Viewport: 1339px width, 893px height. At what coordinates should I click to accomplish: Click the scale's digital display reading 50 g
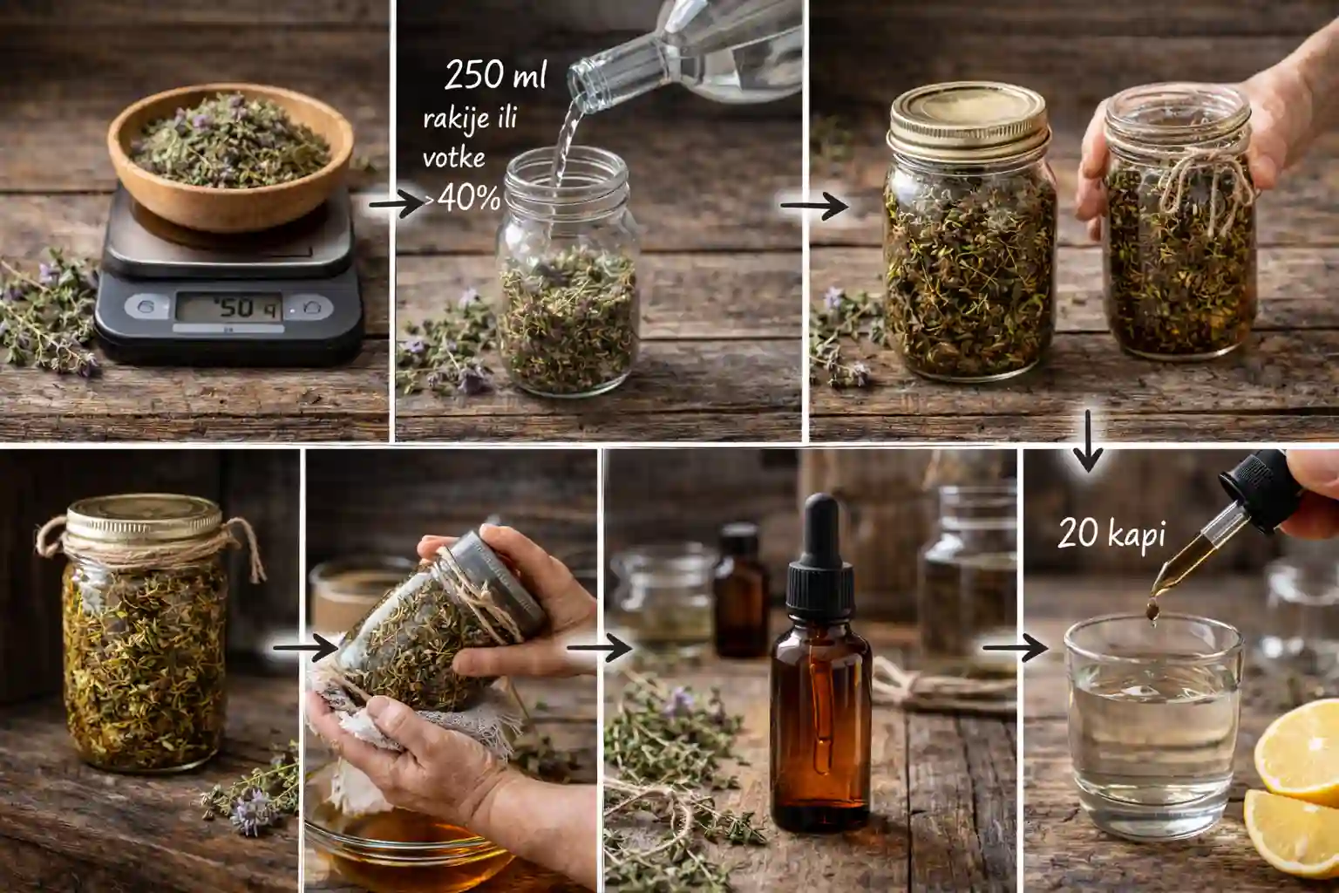pos(228,308)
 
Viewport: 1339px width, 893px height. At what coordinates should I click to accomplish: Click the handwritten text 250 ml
pos(495,74)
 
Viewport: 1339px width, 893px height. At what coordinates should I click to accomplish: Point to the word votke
pos(453,157)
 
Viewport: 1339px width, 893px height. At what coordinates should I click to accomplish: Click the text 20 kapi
pos(1111,533)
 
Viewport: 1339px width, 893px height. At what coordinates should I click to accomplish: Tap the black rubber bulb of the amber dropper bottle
pos(820,528)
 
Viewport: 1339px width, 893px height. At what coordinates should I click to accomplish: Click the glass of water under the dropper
pos(1153,726)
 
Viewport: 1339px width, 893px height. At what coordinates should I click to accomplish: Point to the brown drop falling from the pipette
pos(1152,610)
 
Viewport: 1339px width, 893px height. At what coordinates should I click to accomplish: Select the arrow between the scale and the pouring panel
pos(397,205)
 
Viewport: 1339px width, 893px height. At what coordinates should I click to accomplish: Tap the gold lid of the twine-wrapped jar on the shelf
pos(144,518)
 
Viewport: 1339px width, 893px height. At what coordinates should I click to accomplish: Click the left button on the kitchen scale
pos(146,307)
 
